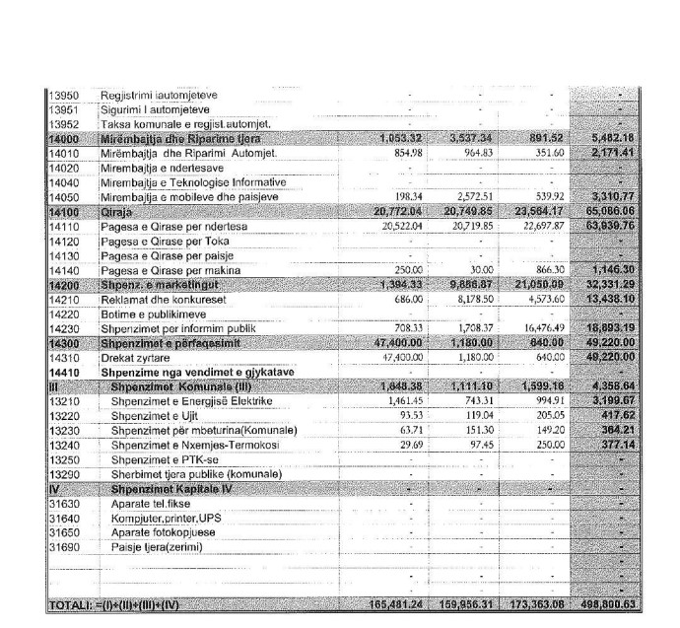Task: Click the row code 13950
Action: (64, 95)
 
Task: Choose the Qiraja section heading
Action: (118, 211)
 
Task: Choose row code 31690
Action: (64, 548)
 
